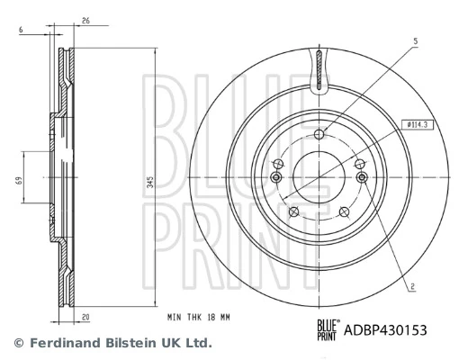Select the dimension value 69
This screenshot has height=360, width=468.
pyautogui.click(x=18, y=181)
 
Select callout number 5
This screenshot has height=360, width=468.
pyautogui.click(x=415, y=41)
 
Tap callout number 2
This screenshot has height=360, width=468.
pyautogui.click(x=411, y=288)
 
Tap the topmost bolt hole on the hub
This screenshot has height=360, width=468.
pyautogui.click(x=319, y=136)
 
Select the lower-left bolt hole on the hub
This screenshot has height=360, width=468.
pyautogui.click(x=294, y=211)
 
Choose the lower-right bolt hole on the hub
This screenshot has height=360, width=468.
pyautogui.click(x=345, y=211)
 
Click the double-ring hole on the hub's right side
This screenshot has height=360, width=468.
pyautogui.click(x=361, y=178)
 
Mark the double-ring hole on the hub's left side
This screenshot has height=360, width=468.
pyautogui.click(x=278, y=178)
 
